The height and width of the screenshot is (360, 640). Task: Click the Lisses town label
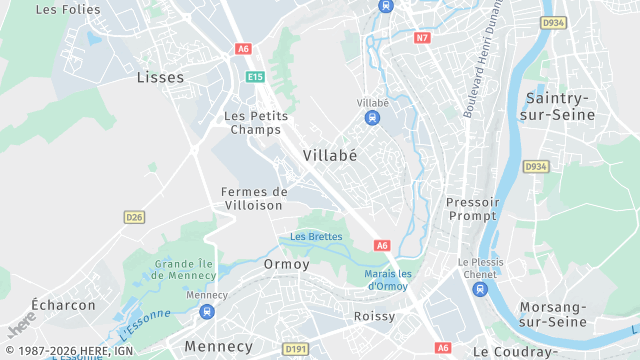coord(161,76)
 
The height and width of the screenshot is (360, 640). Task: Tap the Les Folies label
coord(68,9)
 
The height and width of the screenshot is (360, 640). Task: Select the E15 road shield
coord(255,76)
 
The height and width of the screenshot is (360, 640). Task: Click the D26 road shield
coord(134,216)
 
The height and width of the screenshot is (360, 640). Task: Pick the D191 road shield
coord(295,349)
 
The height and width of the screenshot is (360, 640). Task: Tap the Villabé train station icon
coord(372,119)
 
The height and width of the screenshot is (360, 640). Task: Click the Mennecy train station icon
coord(207,312)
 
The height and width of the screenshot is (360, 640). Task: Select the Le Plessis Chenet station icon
coord(480,289)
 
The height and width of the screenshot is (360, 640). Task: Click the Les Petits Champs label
coord(256,123)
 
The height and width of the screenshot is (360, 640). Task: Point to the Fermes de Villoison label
coord(253,198)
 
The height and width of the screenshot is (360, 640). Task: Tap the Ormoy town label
coord(286,264)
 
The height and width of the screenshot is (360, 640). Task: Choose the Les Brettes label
coord(316,237)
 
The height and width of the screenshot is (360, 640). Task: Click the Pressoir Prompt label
coord(471,209)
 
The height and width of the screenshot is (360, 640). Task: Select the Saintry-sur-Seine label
coord(559,106)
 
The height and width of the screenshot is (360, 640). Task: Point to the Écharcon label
coord(63,305)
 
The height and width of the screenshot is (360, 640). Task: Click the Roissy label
coord(374,316)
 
